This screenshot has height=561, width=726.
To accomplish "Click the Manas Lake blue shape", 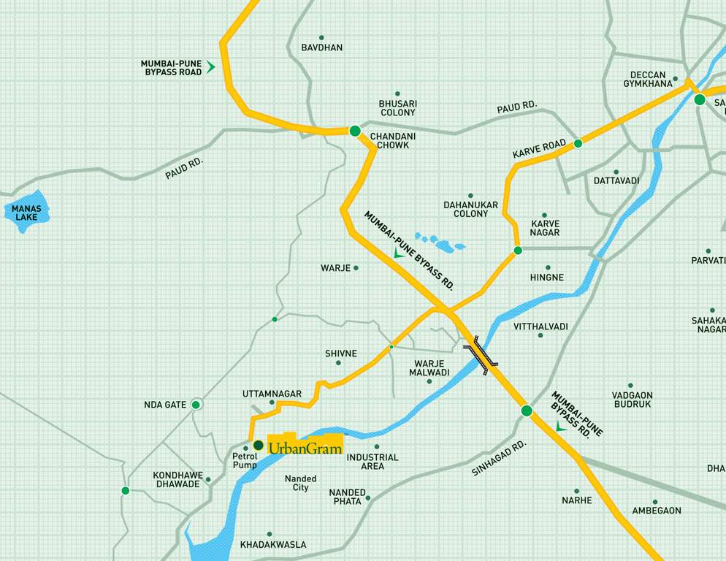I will [26, 212].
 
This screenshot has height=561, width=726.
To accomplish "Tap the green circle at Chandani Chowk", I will [355, 131].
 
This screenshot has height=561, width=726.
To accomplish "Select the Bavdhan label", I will [321, 47].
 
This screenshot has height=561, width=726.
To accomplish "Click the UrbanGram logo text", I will [305, 448].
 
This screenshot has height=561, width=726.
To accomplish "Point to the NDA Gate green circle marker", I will [196, 405].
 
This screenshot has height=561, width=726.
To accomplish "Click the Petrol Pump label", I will [245, 460].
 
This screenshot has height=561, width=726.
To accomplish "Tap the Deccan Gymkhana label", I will [647, 79].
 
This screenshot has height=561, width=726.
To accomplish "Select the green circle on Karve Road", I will [578, 143].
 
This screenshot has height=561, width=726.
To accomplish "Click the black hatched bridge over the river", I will [481, 356].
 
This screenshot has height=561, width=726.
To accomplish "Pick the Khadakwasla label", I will [273, 545].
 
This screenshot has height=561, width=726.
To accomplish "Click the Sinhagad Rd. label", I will [499, 458].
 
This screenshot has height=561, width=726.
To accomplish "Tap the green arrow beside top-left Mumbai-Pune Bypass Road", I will [210, 67].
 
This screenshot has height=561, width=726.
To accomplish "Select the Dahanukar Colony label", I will [470, 209].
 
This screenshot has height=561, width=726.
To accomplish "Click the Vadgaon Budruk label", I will [632, 399].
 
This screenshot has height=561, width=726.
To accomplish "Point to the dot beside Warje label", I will [356, 268].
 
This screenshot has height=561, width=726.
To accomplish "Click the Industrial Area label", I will [372, 462].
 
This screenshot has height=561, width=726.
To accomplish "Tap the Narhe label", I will [576, 500].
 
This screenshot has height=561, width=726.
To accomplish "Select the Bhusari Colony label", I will [397, 108].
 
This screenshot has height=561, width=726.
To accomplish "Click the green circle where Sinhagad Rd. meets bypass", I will [527, 411].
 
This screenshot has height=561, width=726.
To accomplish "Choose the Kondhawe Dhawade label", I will [177, 479].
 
